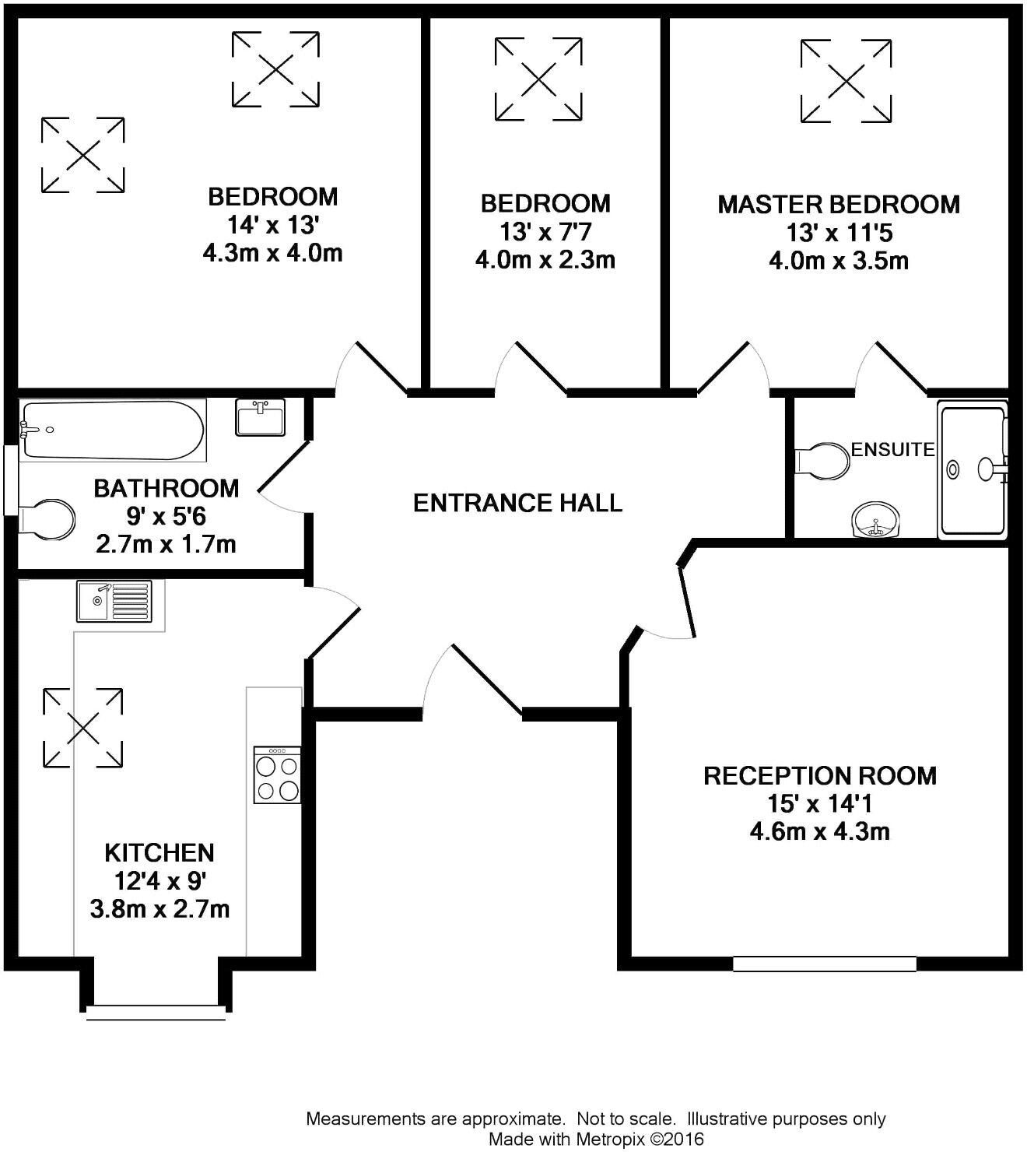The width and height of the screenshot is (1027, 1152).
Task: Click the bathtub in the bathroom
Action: (113, 430)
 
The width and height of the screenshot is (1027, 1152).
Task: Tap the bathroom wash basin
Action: (260, 417)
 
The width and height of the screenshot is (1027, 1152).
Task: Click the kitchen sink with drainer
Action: (114, 601)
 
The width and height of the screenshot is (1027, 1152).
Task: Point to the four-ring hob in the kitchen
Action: (278, 774)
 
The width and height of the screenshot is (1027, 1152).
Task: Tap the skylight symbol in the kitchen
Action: (82, 728)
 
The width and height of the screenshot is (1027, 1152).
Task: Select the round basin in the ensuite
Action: (876, 520)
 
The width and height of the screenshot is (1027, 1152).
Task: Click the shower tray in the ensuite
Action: (973, 470)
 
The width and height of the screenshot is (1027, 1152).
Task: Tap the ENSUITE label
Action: (892, 449)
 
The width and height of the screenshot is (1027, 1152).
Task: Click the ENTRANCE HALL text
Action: (517, 503)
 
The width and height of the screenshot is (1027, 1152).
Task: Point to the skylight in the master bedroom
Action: (846, 81)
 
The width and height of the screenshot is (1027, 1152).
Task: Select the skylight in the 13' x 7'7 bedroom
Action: (538, 79)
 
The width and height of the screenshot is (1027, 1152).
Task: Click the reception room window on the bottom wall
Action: (824, 964)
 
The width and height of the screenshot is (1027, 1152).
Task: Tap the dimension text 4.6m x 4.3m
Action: (819, 831)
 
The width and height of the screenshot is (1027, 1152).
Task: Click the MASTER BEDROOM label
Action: (838, 205)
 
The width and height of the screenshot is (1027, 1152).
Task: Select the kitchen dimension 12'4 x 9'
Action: (159, 881)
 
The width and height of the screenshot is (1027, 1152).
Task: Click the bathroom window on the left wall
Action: (10, 479)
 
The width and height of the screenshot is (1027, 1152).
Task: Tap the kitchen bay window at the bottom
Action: (156, 1012)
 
